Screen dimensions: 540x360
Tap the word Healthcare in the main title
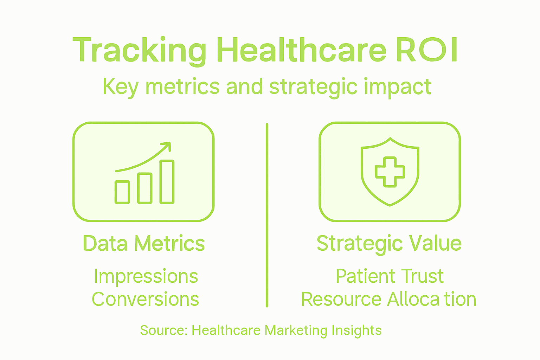pos(302,50)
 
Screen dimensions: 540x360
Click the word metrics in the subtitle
pos(182,86)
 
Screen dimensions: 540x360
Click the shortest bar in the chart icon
pos(122,192)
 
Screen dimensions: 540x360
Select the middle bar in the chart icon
pos(144,188)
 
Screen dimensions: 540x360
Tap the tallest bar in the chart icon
pos(167,182)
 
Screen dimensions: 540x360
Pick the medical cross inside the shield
pos(390,172)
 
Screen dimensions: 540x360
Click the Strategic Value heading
pos(389,244)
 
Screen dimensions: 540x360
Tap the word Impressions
pos(146,277)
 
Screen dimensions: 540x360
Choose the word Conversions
pos(145,299)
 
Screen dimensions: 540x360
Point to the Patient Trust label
pos(390,276)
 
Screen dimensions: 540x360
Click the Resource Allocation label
pos(388,299)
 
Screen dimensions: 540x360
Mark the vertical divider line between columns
pos(267,215)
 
